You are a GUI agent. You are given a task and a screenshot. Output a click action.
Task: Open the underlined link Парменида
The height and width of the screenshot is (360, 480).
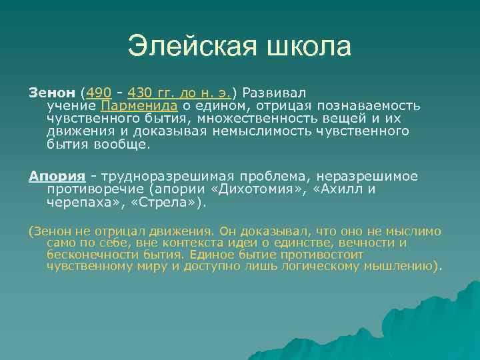[139, 105]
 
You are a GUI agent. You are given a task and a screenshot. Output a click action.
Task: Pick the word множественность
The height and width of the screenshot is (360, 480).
[263, 118]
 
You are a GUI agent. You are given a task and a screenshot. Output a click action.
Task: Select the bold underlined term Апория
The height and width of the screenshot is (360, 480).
[57, 176]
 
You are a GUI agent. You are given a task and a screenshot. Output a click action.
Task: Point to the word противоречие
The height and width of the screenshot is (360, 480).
[90, 189]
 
